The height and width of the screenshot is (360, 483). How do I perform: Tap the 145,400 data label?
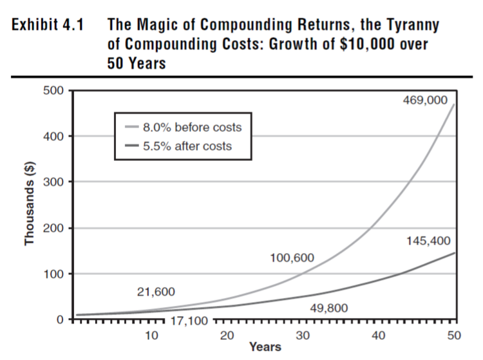click(428, 241)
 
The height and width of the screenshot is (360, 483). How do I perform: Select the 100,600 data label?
click(292, 258)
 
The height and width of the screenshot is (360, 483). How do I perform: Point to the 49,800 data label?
click(328, 308)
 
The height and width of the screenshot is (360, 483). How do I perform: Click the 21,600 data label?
click(156, 292)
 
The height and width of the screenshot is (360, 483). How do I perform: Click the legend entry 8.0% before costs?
click(192, 127)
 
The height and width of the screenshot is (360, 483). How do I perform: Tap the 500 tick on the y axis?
click(54, 91)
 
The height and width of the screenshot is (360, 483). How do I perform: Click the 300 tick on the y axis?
click(54, 182)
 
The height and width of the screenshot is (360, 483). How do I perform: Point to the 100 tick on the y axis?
click(54, 274)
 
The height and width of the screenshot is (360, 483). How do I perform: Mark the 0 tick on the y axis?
click(59, 319)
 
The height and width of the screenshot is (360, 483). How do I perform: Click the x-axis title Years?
click(265, 347)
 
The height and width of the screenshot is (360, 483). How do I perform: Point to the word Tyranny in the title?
click(405, 26)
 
